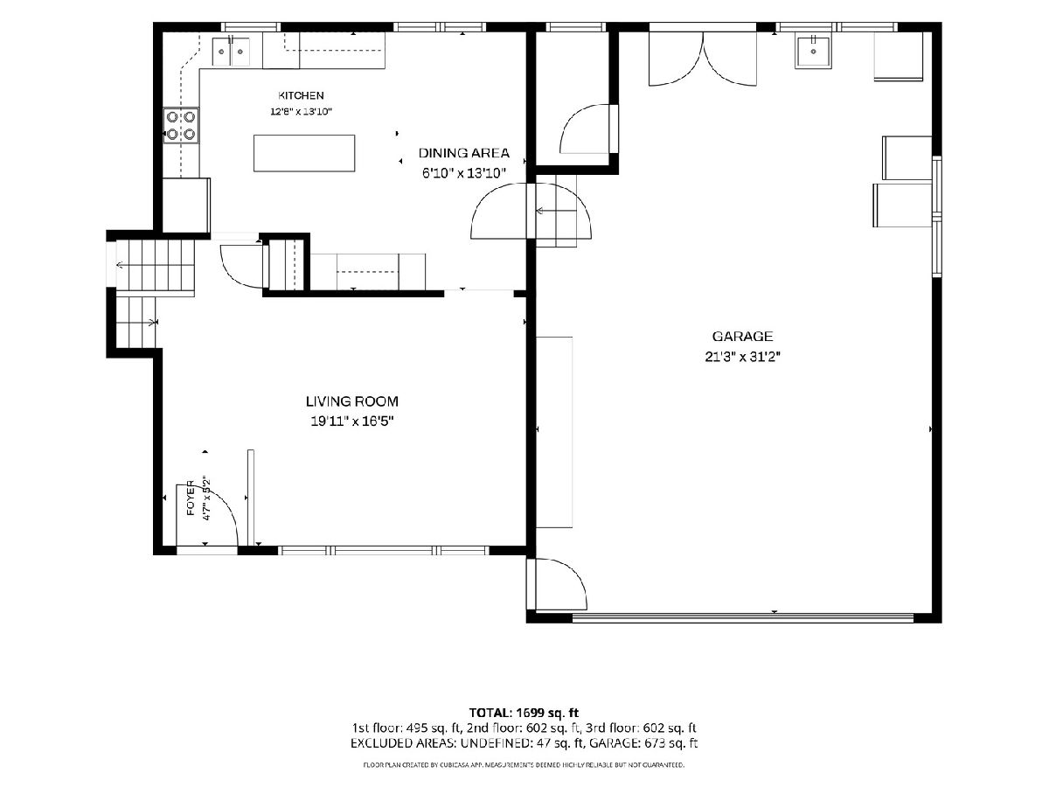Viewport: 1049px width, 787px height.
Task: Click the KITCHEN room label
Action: point(301,95)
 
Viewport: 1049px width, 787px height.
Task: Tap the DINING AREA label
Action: point(463,153)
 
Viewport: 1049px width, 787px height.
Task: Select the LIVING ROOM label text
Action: point(351,401)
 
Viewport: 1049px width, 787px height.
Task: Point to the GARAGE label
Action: point(742,337)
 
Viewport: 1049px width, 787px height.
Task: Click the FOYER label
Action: point(191,498)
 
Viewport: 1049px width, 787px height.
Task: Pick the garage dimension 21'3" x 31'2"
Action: point(742,357)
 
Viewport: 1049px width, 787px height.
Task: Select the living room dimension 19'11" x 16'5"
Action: point(351,421)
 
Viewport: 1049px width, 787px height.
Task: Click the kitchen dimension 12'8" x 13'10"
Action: point(301,112)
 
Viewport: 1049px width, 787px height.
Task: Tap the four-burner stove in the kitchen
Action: point(181,126)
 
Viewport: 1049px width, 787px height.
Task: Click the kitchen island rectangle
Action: point(304,153)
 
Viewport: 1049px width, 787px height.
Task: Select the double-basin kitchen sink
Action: point(231,52)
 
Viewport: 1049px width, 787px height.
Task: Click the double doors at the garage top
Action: point(703,59)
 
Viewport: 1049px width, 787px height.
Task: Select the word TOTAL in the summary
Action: point(490,713)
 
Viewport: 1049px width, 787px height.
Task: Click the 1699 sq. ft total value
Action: point(547,713)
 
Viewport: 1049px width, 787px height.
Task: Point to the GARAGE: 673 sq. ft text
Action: point(643,743)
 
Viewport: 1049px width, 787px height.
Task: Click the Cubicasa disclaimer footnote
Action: point(524,765)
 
